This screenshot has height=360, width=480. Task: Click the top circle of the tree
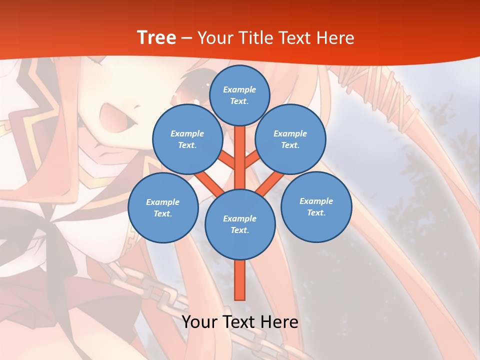(239, 95)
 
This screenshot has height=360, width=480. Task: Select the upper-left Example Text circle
(187, 139)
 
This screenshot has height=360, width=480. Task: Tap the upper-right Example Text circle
(290, 139)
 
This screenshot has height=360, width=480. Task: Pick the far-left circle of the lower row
(163, 208)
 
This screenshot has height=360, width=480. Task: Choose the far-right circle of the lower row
(316, 206)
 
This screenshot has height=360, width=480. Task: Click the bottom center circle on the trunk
(240, 224)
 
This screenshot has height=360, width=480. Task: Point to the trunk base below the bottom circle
(240, 282)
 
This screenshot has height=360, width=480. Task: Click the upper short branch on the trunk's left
(228, 160)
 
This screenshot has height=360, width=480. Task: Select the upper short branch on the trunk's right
(252, 160)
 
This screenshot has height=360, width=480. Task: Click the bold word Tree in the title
(156, 38)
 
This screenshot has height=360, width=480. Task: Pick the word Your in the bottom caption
(199, 322)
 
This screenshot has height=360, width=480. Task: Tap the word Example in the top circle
(239, 89)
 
